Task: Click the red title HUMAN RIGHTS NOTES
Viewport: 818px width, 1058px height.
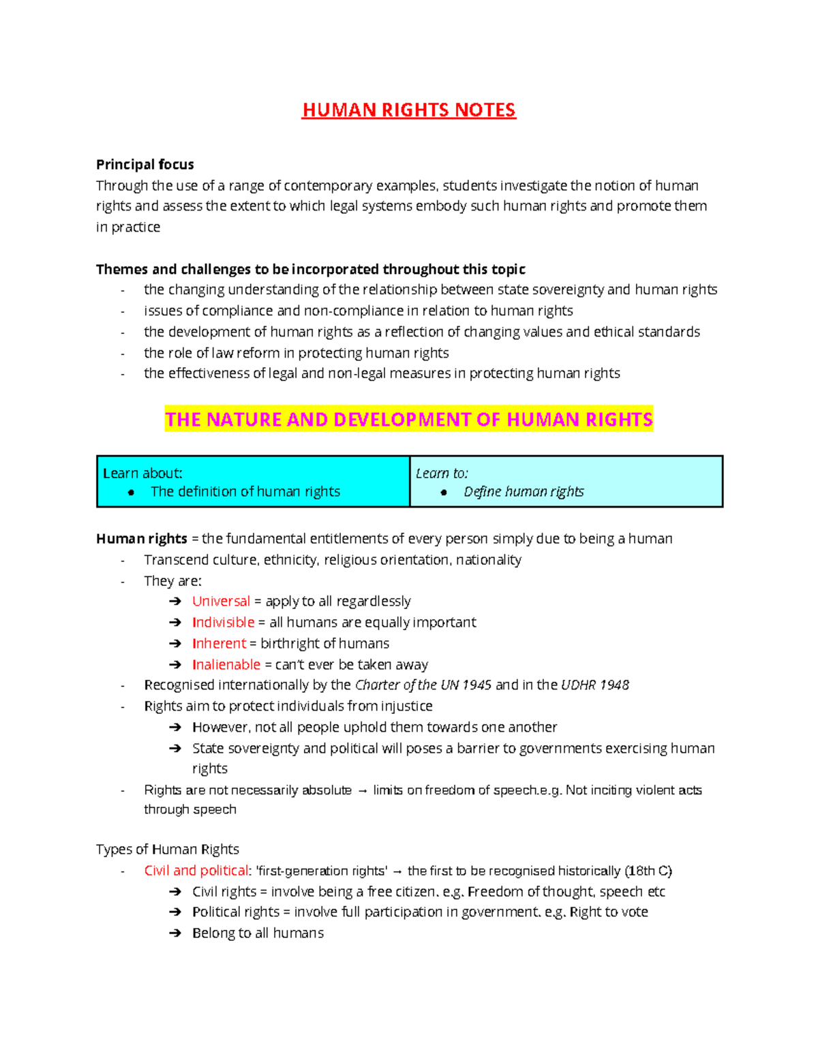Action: [409, 110]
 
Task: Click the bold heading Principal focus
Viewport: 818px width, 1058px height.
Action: [145, 164]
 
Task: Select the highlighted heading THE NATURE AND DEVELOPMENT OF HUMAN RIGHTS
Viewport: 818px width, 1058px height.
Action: [409, 419]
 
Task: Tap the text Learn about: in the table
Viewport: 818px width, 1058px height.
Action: [142, 473]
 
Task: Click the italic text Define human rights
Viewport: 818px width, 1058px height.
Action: [524, 492]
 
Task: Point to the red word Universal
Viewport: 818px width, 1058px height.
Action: [221, 602]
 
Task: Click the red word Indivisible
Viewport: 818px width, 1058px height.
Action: [223, 623]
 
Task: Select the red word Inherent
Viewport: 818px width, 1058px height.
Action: [219, 644]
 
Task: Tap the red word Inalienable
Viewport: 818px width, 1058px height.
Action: [226, 665]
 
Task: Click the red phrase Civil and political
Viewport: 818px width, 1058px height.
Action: [196, 871]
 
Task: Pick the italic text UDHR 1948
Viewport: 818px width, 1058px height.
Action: [594, 685]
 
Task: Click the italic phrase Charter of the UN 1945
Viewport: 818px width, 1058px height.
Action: [423, 685]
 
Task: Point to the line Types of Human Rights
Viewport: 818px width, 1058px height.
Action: [167, 850]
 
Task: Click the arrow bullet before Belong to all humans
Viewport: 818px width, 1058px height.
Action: [175, 933]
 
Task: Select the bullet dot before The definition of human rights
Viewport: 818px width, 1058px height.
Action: [131, 493]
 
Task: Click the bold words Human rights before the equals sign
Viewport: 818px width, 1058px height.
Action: [141, 539]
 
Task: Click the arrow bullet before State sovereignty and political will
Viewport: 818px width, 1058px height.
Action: [175, 749]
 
